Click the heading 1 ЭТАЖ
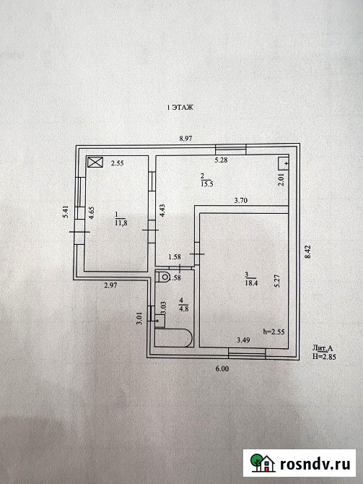coord(180,108)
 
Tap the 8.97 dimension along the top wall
coord(185,139)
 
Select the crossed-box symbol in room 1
coord(95,162)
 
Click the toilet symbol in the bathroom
coord(163,276)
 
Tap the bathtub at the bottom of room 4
coord(174,337)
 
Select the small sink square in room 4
coord(159,321)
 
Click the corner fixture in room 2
coord(283,163)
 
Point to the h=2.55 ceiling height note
coord(274,332)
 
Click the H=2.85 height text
coord(324,357)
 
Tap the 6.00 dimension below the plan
coord(222,368)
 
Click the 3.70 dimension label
coord(240,200)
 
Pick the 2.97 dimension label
coord(110,285)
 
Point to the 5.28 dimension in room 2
coord(221,160)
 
